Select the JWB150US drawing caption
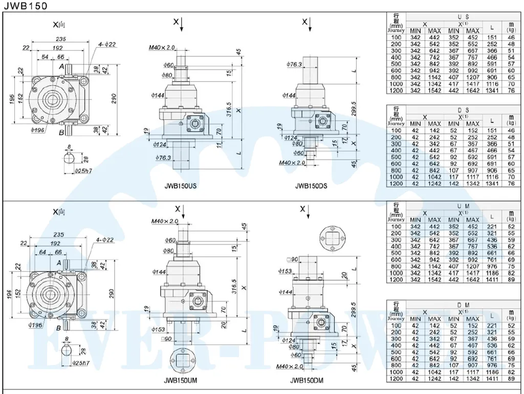pyautogui.click(x=180, y=186)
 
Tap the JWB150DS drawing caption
pyautogui.click(x=311, y=186)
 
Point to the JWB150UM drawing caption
pyautogui.click(x=181, y=380)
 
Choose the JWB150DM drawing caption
pyautogui.click(x=307, y=380)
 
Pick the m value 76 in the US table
pyautogui.click(x=510, y=90)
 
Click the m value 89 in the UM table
pyautogui.click(x=510, y=279)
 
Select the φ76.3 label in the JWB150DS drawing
pyautogui.click(x=295, y=64)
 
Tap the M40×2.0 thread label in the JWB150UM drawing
pyautogui.click(x=164, y=221)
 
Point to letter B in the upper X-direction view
pyautogui.click(x=61, y=133)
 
